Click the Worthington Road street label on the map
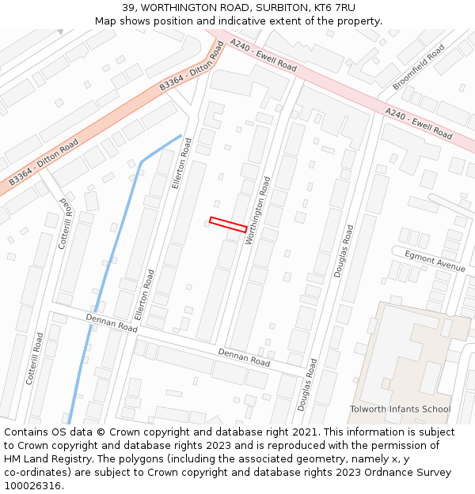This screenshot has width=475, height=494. (259, 210)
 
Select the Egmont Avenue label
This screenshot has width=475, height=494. (435, 261)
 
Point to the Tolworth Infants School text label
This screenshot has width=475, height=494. (400, 409)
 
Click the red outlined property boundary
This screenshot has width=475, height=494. (228, 224)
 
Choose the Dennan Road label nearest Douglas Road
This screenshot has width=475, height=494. (244, 357)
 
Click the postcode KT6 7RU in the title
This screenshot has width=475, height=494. (336, 7)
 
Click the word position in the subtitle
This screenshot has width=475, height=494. (171, 21)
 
